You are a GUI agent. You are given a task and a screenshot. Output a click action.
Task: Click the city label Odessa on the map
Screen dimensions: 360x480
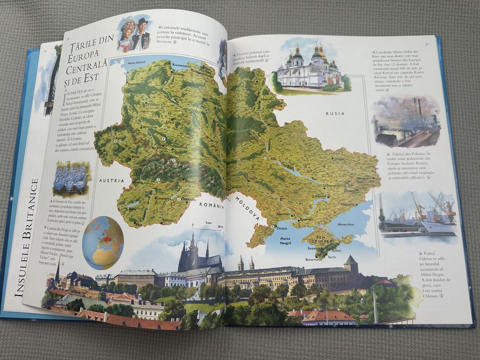(282, 227)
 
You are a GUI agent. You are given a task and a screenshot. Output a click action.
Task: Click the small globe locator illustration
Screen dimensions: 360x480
(103, 242)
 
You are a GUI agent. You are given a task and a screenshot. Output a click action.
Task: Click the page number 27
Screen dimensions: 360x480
(426, 44)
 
